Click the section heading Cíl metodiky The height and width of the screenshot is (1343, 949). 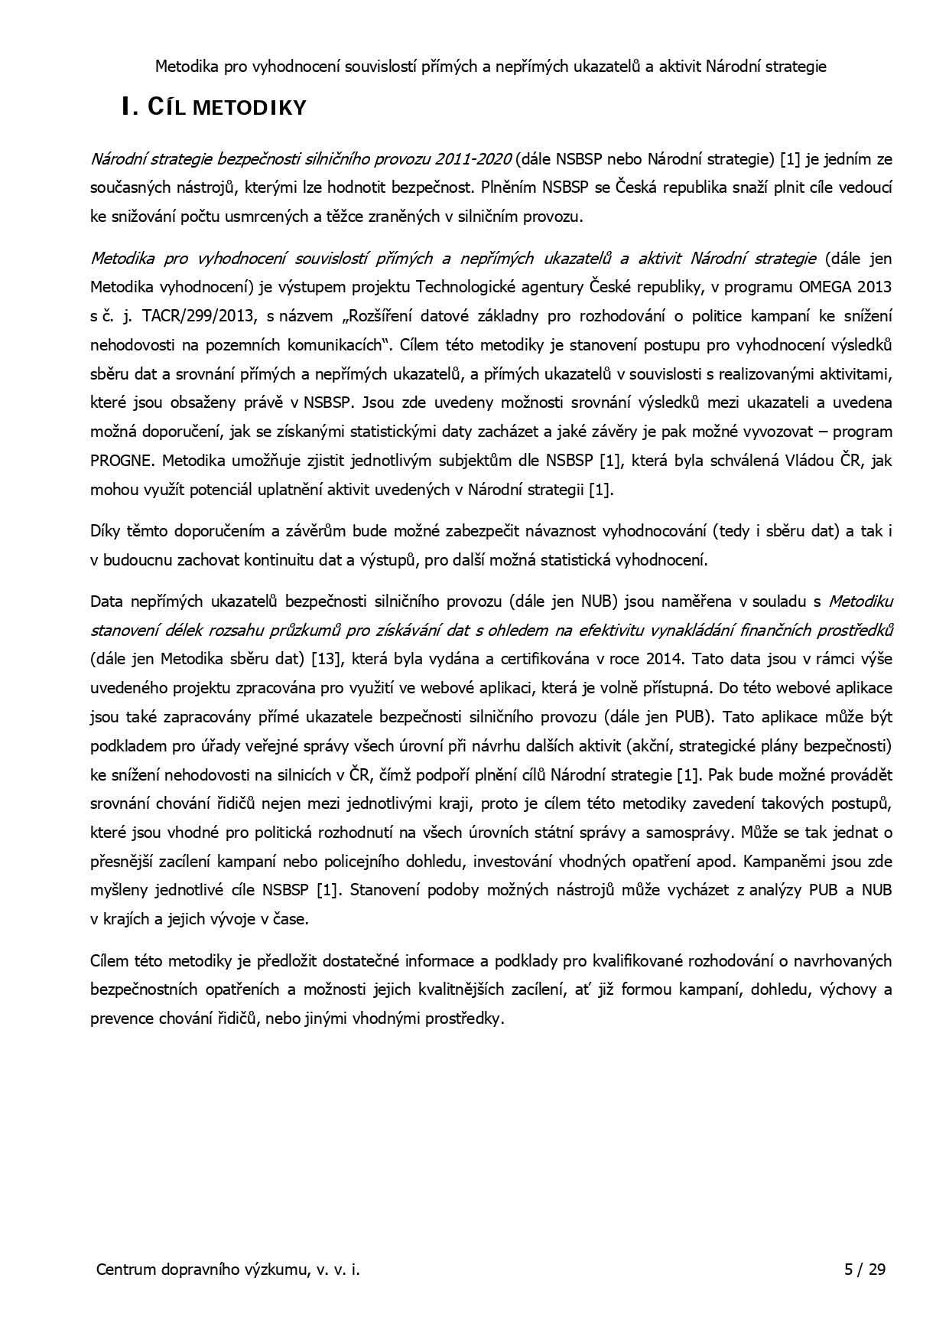point(214,107)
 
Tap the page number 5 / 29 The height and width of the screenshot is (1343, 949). point(864,1270)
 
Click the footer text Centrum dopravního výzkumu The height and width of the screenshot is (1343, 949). point(227,1270)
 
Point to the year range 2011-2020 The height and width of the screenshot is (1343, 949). point(473,159)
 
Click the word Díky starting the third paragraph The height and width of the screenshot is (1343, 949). point(106,531)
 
